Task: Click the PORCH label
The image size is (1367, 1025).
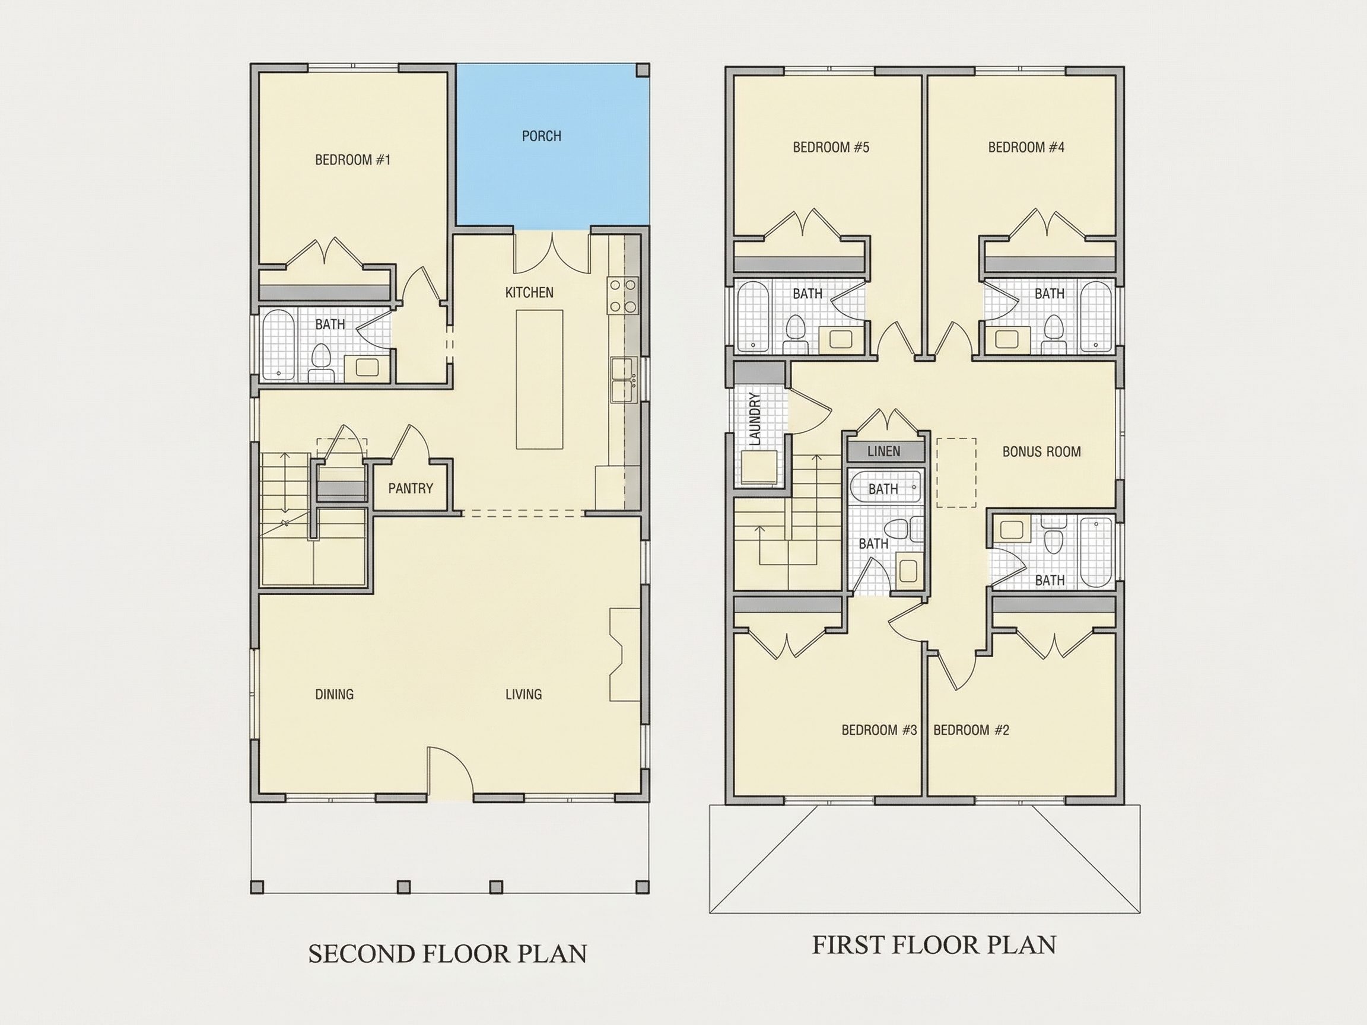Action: click(x=541, y=136)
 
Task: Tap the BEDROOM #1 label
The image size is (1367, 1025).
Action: click(x=353, y=160)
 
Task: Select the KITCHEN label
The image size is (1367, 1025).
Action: click(x=529, y=292)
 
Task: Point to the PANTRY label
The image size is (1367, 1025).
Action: click(x=411, y=489)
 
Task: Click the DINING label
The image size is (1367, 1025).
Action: click(x=335, y=695)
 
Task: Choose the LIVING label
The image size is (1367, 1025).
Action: click(x=523, y=695)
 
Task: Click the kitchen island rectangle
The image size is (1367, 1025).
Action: click(x=539, y=380)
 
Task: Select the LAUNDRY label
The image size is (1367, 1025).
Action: click(x=755, y=419)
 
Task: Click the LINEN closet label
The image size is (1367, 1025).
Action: click(x=883, y=451)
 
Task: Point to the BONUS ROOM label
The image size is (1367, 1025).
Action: click(x=1041, y=451)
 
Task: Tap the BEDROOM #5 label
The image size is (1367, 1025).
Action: click(x=831, y=147)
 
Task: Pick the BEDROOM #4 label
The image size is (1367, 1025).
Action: click(x=1026, y=147)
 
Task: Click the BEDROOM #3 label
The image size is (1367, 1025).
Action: click(x=879, y=730)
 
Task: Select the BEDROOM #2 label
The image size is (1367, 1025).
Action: click(x=971, y=730)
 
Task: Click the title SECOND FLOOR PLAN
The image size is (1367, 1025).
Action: click(x=447, y=953)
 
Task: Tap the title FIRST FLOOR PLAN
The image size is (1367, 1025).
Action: click(x=934, y=945)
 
